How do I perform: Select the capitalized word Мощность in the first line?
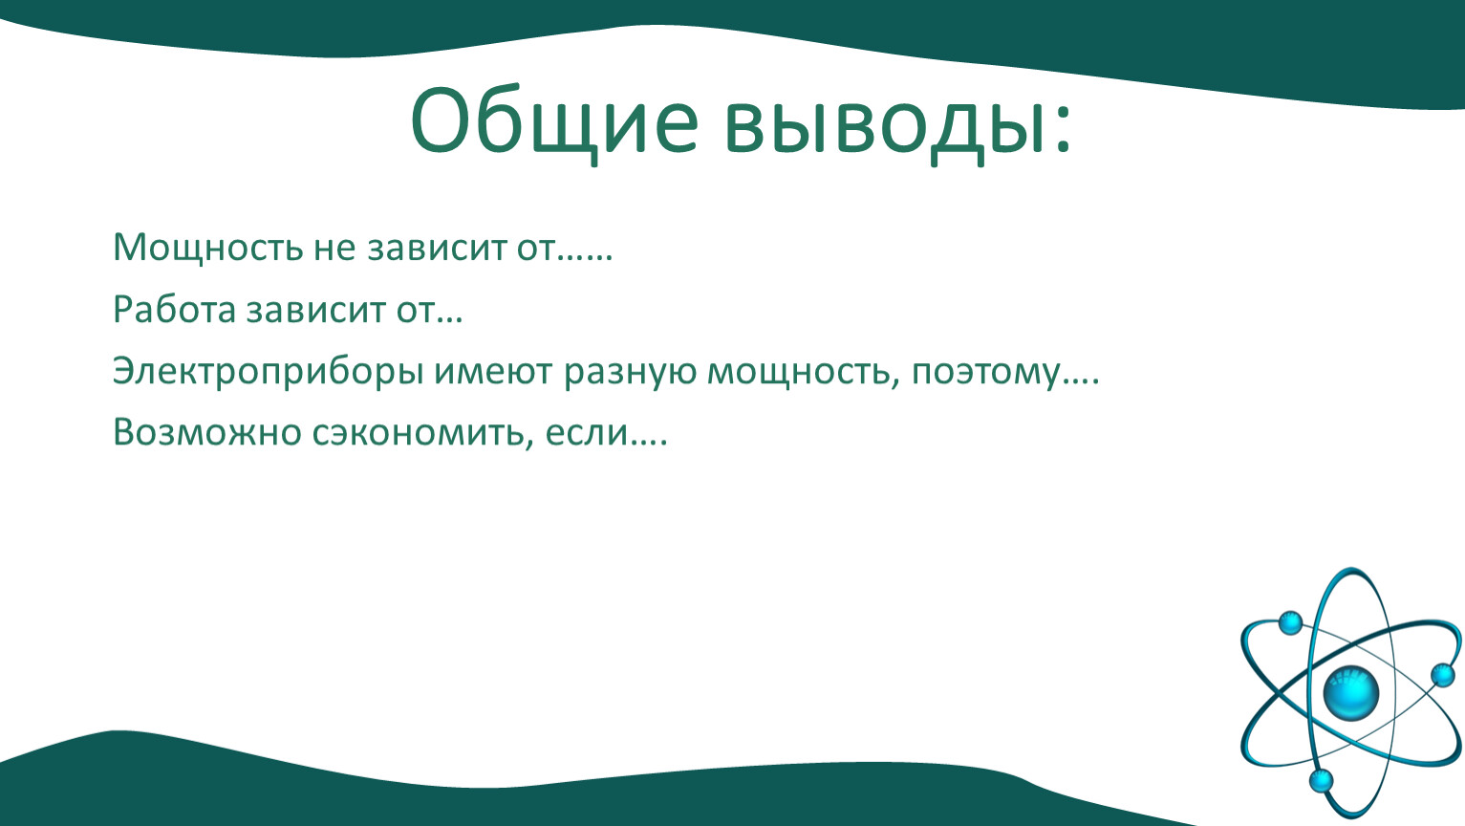[208, 249]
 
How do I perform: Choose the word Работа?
[174, 309]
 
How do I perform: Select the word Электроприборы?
[269, 373]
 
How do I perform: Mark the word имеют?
[493, 373]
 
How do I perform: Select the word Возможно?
[206, 433]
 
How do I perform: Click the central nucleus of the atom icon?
[1350, 693]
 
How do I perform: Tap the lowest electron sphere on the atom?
[1321, 781]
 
